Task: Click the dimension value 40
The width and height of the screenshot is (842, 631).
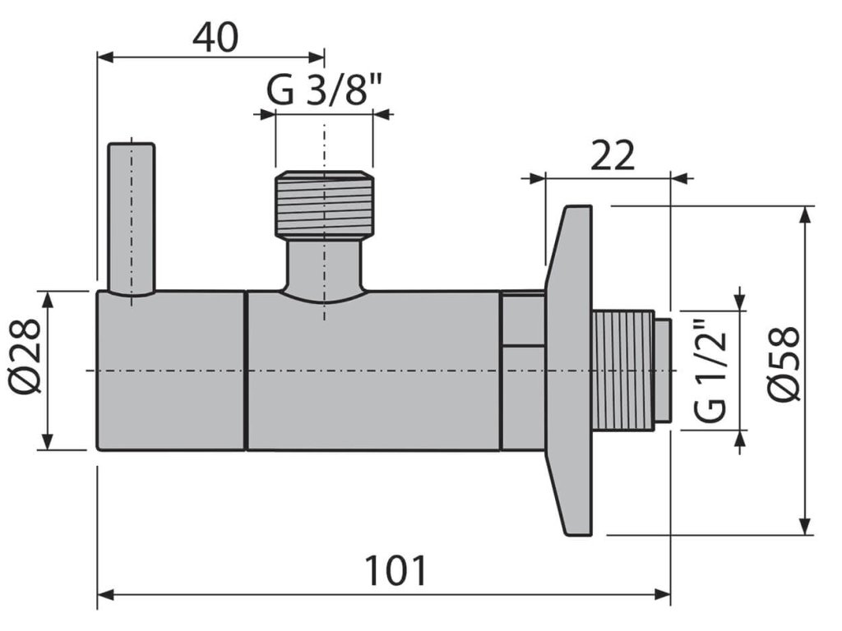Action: (x=215, y=38)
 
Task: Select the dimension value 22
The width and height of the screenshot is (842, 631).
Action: (x=612, y=155)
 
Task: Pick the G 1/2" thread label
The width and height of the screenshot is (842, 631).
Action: (x=712, y=370)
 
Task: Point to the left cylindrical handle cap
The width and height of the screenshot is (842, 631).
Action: (x=171, y=371)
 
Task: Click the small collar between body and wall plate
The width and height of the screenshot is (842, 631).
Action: (x=524, y=371)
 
